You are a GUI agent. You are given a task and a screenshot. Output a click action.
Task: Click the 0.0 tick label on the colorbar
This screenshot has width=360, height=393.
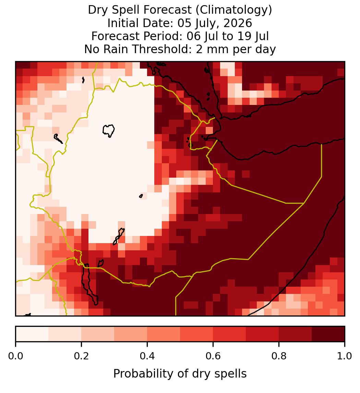(x=15, y=356)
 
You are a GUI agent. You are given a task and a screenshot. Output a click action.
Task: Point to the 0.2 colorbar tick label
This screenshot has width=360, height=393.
(x=81, y=356)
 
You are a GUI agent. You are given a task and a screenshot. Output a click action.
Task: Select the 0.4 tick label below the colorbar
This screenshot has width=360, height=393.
(x=147, y=356)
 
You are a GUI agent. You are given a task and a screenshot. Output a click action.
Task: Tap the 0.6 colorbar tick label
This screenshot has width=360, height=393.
(x=213, y=356)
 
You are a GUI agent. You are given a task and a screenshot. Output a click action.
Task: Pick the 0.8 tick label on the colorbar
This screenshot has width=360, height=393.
(x=279, y=356)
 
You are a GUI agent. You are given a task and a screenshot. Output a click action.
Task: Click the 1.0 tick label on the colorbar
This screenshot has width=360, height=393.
(x=345, y=356)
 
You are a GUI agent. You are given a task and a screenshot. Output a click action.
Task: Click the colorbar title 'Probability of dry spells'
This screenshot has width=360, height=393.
(x=180, y=374)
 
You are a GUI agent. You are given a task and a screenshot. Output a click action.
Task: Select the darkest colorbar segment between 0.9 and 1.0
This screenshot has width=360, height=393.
(x=328, y=334)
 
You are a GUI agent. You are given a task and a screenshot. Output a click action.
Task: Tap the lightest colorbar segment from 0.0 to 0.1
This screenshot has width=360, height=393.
(x=32, y=334)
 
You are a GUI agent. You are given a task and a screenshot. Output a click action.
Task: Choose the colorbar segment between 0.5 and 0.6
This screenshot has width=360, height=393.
(x=197, y=334)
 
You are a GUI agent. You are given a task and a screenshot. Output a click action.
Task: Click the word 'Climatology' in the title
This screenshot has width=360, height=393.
(x=231, y=10)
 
